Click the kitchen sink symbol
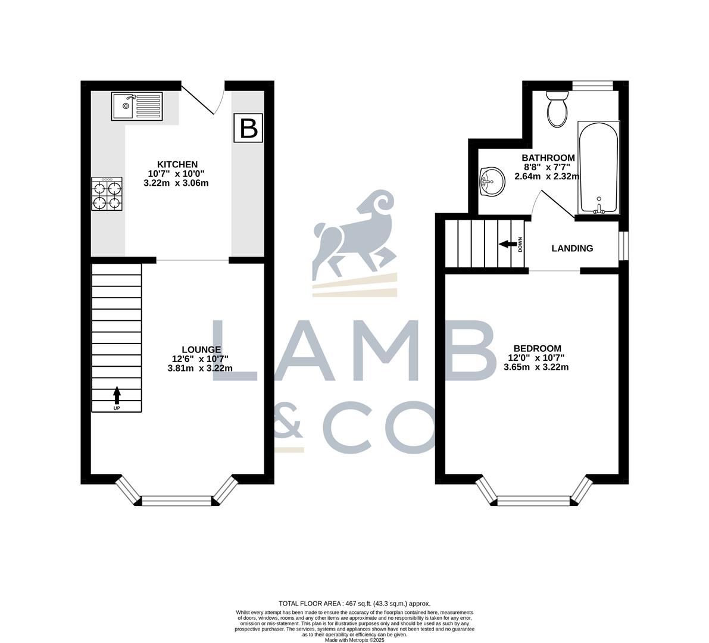pyautogui.click(x=137, y=105)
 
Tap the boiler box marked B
pyautogui.click(x=248, y=127)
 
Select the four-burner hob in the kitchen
pyautogui.click(x=107, y=193)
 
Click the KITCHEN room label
pyautogui.click(x=177, y=164)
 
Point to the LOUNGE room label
pyautogui.click(x=201, y=349)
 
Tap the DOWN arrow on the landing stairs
pyautogui.click(x=508, y=244)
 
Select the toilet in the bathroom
pyautogui.click(x=558, y=108)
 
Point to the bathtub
pyautogui.click(x=598, y=168)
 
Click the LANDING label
pyautogui.click(x=572, y=248)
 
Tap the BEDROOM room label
pyautogui.click(x=537, y=348)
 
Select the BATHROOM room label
pyautogui.click(x=548, y=158)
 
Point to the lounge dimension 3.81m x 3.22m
pyautogui.click(x=200, y=368)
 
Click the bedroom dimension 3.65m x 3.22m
pyautogui.click(x=536, y=367)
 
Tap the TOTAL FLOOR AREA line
pyautogui.click(x=354, y=603)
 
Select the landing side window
pyautogui.click(x=623, y=245)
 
